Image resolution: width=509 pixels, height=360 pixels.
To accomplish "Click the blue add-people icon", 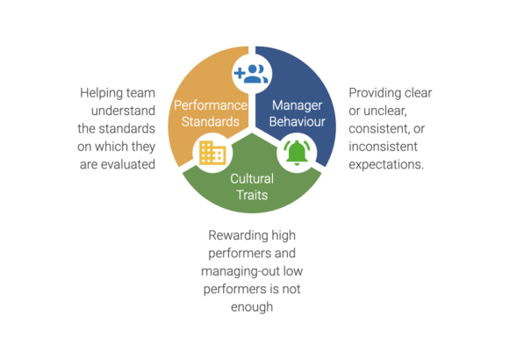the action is pos(251,74).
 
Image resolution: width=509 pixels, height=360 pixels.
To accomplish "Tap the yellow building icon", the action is pos(212,153).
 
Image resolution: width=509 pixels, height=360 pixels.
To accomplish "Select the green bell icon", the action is pos(297,153).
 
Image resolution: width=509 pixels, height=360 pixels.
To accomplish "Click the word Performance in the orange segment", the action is pos(211,105).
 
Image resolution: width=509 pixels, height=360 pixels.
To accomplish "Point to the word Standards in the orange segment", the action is pos(211,121).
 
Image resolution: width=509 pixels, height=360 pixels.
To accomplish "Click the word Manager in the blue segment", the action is pos(297,105).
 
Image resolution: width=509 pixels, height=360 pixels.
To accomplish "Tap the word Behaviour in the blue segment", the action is pos(297,121).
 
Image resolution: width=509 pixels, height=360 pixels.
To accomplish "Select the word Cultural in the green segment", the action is pos(252,179).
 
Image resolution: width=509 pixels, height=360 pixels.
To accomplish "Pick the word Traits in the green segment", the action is pos(252,195).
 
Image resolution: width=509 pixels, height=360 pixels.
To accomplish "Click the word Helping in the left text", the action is pos(101,93).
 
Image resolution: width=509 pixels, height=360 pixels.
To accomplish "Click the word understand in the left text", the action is pos(123,111).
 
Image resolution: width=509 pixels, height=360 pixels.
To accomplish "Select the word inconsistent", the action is pos(383,147).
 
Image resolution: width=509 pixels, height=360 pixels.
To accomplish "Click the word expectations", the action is pos(386,165).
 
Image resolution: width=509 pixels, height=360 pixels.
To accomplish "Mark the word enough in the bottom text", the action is pos(252,307).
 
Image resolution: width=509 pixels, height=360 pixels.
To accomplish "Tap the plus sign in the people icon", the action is pos(240,73).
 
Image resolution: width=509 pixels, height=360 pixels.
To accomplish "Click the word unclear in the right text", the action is pos(385,111).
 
